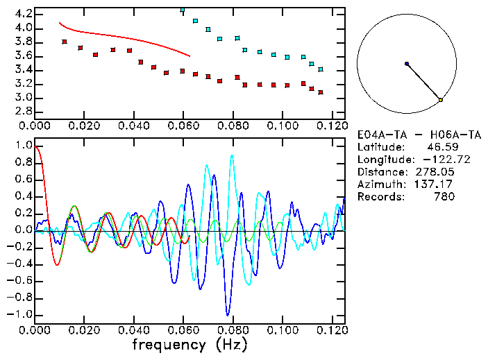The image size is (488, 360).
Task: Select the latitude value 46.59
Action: pyautogui.click(x=440, y=147)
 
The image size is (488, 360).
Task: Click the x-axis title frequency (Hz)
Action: pyautogui.click(x=189, y=345)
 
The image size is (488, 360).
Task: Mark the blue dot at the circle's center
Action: pyautogui.click(x=407, y=64)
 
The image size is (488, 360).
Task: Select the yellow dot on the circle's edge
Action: pyautogui.click(x=441, y=101)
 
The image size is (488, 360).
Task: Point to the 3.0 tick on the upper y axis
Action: pyautogui.click(x=21, y=98)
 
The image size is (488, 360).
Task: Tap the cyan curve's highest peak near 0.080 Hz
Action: pyautogui.click(x=231, y=155)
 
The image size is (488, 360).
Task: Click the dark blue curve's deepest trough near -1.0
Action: pyautogui.click(x=226, y=314)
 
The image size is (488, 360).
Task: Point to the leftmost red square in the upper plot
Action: pyautogui.click(x=65, y=42)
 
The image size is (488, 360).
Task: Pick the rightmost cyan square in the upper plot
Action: pyautogui.click(x=320, y=69)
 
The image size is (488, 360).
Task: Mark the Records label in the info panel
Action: pyautogui.click(x=379, y=197)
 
